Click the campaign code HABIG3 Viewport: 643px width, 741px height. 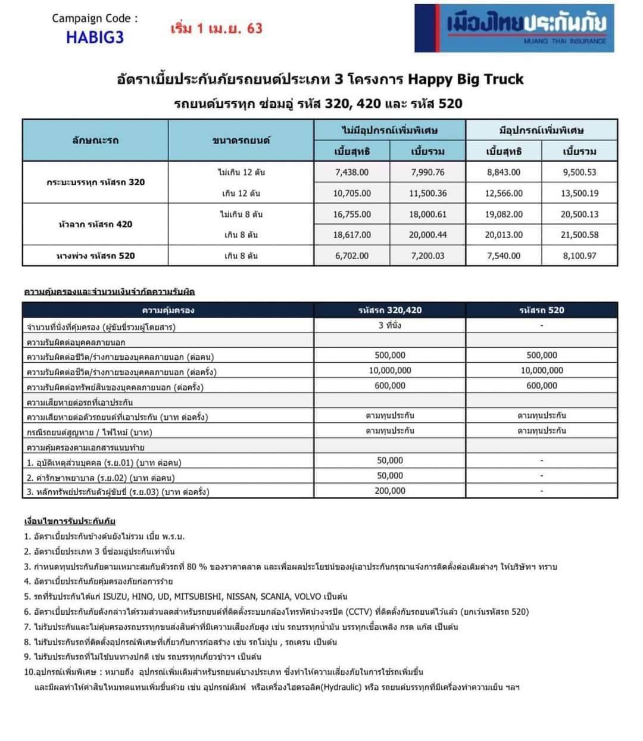pyautogui.click(x=95, y=37)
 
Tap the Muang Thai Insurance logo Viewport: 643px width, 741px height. pyautogui.click(x=514, y=28)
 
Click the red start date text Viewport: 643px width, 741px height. pyautogui.click(x=216, y=28)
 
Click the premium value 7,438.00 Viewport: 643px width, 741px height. pyautogui.click(x=352, y=172)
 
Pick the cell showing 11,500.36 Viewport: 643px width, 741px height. pyautogui.click(x=427, y=193)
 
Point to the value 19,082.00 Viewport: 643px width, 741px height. pyautogui.click(x=504, y=214)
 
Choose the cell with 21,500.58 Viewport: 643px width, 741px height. pyautogui.click(x=579, y=235)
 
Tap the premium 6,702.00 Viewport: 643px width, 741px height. pyautogui.click(x=352, y=256)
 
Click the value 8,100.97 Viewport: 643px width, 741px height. pyautogui.click(x=579, y=256)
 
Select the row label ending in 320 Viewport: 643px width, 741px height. pyautogui.click(x=95, y=182)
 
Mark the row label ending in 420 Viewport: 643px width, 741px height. pyautogui.click(x=95, y=224)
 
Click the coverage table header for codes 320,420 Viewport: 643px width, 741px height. pyautogui.click(x=390, y=310)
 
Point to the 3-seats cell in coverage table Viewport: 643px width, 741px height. pyautogui.click(x=390, y=325)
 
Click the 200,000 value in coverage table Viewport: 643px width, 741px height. pyautogui.click(x=390, y=491)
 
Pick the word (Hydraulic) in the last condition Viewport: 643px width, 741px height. pyautogui.click(x=342, y=687)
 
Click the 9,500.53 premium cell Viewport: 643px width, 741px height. pyautogui.click(x=579, y=172)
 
